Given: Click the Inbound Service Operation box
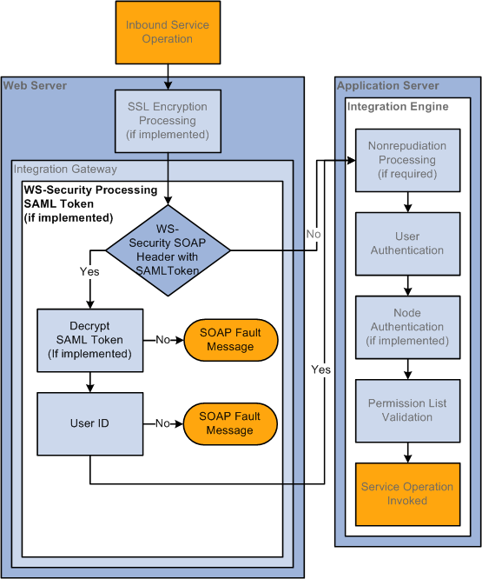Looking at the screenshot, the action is (x=168, y=32).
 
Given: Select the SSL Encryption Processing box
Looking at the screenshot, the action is (x=168, y=121).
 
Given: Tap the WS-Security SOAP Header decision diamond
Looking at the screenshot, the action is (x=168, y=250).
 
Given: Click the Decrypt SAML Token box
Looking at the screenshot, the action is (x=90, y=340).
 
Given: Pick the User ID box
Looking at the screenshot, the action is (x=90, y=423).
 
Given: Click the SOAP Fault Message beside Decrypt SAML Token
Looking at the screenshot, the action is (x=230, y=340).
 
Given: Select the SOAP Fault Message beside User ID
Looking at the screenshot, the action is (x=230, y=423).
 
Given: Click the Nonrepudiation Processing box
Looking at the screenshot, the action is (x=407, y=160).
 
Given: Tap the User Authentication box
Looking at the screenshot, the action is (x=407, y=243).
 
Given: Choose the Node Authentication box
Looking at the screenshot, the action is (x=407, y=327).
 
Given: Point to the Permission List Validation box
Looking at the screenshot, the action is (x=407, y=410).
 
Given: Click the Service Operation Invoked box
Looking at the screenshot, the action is (x=407, y=494).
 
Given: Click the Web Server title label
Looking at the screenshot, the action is (x=35, y=86).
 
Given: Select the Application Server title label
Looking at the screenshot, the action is (x=388, y=86).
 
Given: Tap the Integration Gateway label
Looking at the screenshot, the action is (x=65, y=170).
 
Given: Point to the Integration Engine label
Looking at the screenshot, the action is (x=398, y=107).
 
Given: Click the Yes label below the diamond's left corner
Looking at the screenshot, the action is (x=89, y=271).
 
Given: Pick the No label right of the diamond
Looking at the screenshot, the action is (x=314, y=234).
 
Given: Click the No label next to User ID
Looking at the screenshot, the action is (x=162, y=423).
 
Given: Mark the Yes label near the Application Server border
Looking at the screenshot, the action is (x=320, y=369).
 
